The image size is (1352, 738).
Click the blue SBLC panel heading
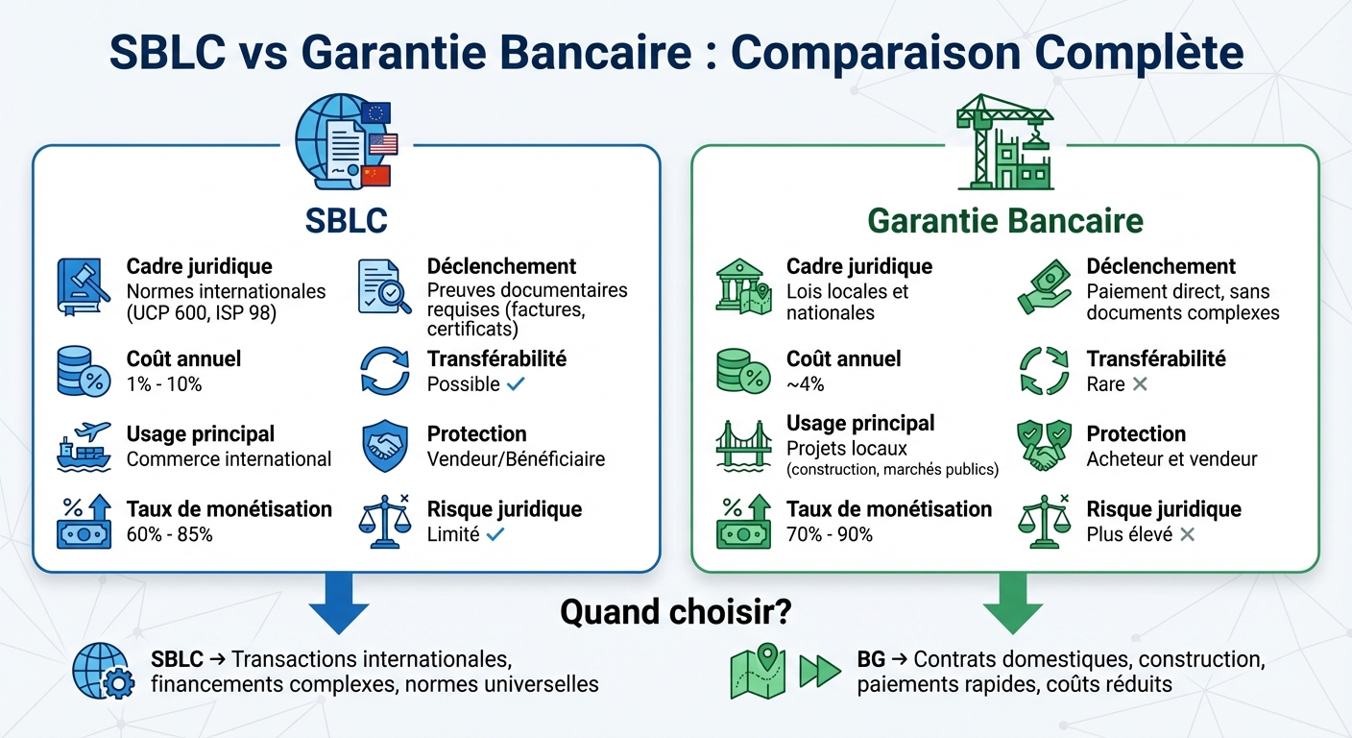click(x=346, y=220)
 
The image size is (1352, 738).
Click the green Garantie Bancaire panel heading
click(x=1005, y=220)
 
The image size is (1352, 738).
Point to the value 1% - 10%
click(x=164, y=384)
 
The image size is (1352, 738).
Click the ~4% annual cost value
click(x=805, y=384)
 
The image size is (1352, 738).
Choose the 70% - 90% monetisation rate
click(x=830, y=534)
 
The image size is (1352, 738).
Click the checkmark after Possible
click(x=516, y=384)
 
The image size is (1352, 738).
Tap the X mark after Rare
click(x=1140, y=384)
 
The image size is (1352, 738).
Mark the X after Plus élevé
click(x=1188, y=534)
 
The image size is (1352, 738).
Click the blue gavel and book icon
click(x=84, y=286)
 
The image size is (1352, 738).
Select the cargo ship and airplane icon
click(x=84, y=446)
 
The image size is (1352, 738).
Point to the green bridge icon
click(x=743, y=446)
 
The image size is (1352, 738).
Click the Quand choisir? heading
click(x=676, y=612)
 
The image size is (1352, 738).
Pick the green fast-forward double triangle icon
click(x=820, y=671)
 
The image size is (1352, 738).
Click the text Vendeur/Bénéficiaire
click(x=516, y=459)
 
